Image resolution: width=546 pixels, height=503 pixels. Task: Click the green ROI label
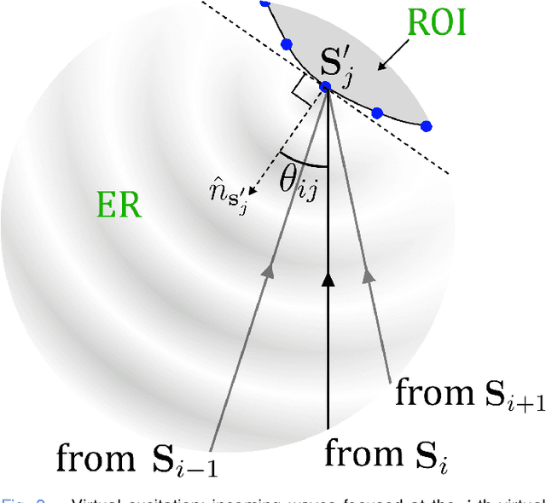click(x=436, y=24)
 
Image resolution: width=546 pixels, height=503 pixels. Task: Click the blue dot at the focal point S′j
click(x=325, y=86)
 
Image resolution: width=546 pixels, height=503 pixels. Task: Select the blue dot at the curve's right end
click(x=427, y=126)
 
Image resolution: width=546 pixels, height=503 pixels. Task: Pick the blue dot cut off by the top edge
click(x=265, y=3)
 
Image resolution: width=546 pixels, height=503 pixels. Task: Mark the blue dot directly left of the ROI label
click(x=287, y=43)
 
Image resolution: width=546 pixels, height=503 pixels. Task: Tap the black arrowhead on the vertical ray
click(x=328, y=280)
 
